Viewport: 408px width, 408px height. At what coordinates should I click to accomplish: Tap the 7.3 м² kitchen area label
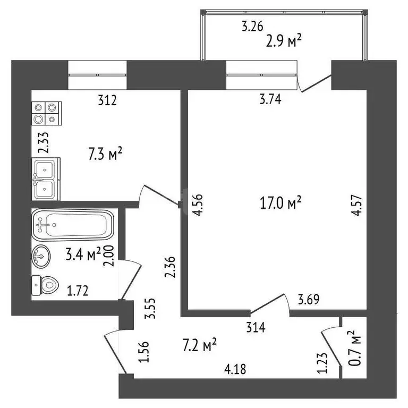tap(105, 155)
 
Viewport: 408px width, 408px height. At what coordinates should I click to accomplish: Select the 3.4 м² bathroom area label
tap(83, 255)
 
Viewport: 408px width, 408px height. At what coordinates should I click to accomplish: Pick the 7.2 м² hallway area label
tap(199, 345)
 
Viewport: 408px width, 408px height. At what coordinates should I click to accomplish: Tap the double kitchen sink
tap(47, 178)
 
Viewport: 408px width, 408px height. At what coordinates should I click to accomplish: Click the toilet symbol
tap(45, 286)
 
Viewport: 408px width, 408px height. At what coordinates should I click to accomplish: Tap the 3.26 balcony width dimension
tap(253, 25)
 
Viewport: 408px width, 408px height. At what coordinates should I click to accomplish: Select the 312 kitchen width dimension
tap(107, 99)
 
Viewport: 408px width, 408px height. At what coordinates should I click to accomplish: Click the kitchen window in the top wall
tap(98, 75)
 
